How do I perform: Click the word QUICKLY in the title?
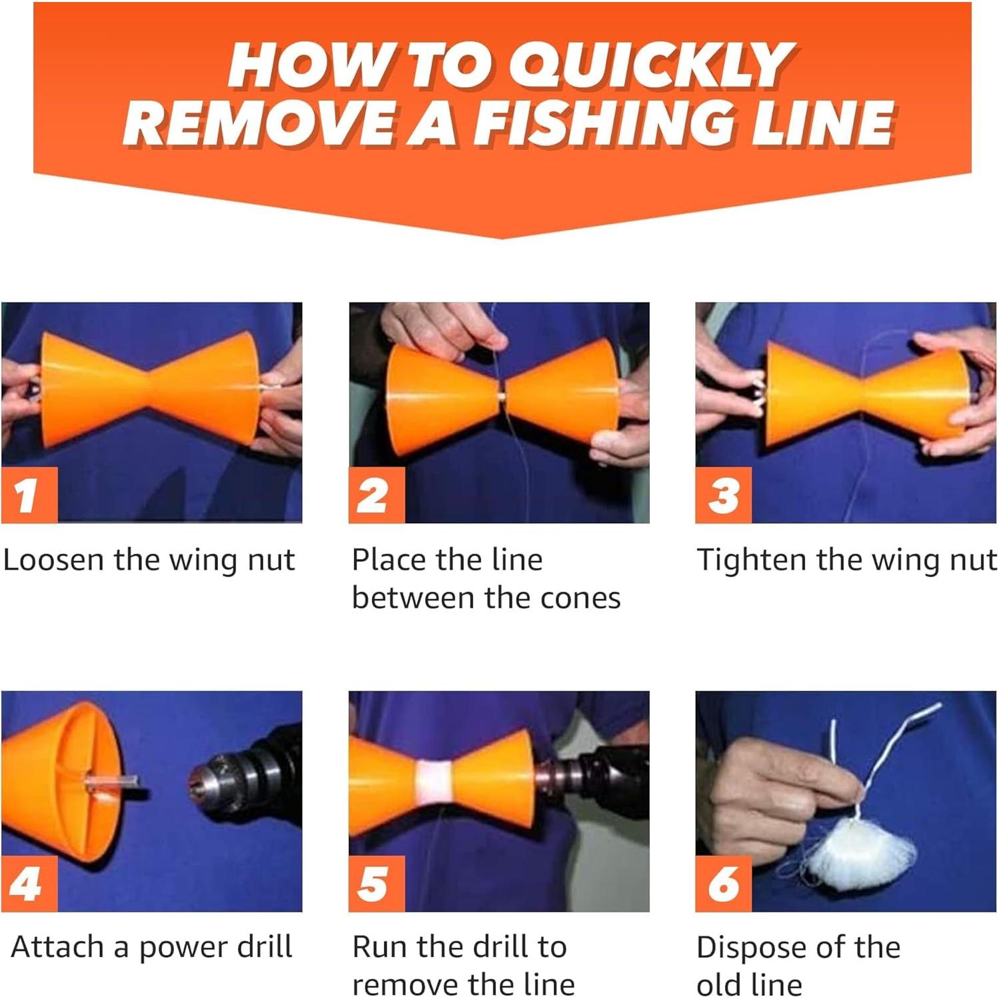(651, 65)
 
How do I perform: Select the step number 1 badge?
(29, 495)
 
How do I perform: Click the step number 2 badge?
(377, 495)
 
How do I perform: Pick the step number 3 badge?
(723, 495)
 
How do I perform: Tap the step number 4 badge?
(29, 884)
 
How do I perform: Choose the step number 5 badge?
(377, 884)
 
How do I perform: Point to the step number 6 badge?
(723, 884)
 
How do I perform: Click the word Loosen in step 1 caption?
(54, 560)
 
